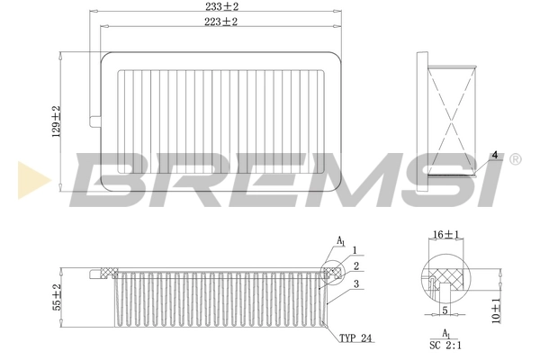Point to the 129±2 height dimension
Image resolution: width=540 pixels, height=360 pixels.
[x=56, y=121]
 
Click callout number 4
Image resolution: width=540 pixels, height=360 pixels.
[x=494, y=154]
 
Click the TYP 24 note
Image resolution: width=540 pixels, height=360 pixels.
[x=355, y=339]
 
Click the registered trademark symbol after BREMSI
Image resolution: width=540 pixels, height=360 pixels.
[x=514, y=159]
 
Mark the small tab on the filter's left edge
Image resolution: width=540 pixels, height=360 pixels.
[x=95, y=120]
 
